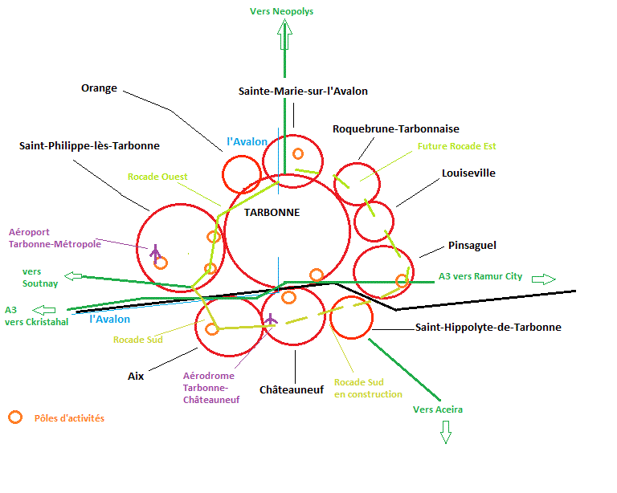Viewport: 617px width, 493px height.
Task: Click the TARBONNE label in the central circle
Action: point(272,213)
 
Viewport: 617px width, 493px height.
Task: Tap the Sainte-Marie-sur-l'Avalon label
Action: point(303,92)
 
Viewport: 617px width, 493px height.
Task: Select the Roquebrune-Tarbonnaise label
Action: point(395,129)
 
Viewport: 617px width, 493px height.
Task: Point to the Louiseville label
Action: point(468,173)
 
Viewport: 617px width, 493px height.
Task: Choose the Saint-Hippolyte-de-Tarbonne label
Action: point(488,328)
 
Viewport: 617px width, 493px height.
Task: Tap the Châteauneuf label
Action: point(291,389)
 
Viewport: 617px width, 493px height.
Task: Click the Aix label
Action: point(136,376)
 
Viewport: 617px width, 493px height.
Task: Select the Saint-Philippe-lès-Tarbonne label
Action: point(89,146)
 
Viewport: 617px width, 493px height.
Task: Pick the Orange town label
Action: point(99,88)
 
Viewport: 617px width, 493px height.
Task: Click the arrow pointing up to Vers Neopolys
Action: point(284,36)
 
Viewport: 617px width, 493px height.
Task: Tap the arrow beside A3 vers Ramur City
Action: point(544,279)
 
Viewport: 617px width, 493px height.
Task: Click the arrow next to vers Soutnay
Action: point(73,276)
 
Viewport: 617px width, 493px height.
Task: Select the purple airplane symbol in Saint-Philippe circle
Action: point(155,251)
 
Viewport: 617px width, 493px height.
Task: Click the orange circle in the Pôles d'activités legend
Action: point(14,417)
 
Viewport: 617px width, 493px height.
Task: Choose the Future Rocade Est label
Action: point(456,147)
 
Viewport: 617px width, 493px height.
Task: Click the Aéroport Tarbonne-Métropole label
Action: point(54,238)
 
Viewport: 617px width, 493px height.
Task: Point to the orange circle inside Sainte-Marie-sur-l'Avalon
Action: point(298,153)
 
